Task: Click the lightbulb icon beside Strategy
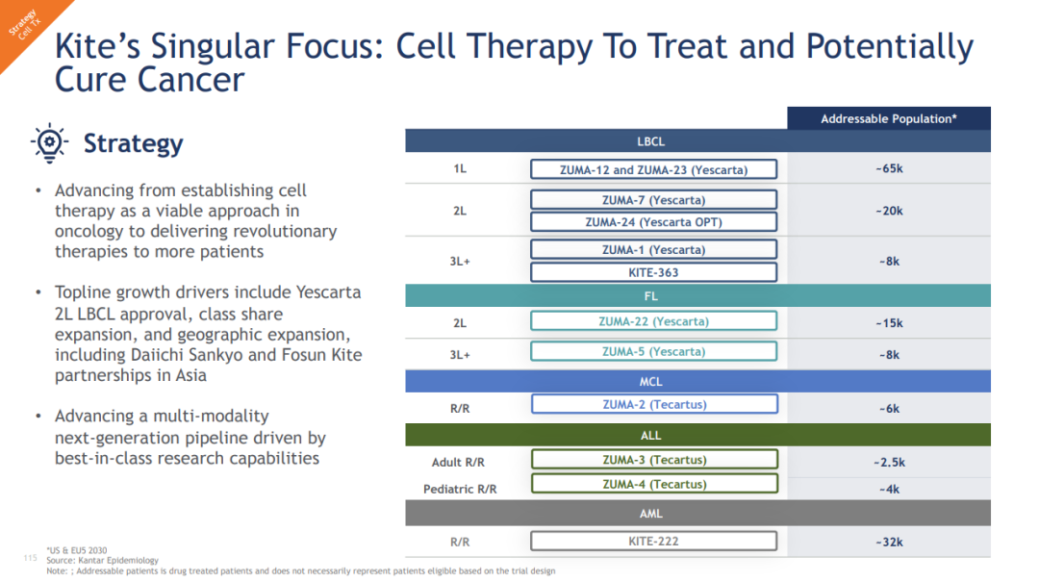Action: [49, 142]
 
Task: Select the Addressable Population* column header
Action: [889, 118]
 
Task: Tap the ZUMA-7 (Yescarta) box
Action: [653, 199]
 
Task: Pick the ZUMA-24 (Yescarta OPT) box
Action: [653, 222]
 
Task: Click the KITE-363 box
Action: [653, 272]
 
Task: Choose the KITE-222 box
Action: [653, 541]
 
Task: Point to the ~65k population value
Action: [889, 168]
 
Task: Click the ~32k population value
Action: [889, 542]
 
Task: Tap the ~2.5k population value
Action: [889, 462]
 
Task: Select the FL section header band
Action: [697, 295]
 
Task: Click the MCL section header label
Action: [650, 381]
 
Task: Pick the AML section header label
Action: [650, 513]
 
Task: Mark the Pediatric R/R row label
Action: [460, 490]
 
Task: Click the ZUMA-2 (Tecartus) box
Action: [655, 404]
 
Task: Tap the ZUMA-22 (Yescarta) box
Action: [653, 321]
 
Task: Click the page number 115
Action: [31, 558]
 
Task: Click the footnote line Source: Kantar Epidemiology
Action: [102, 560]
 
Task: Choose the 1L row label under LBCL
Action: [460, 168]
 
